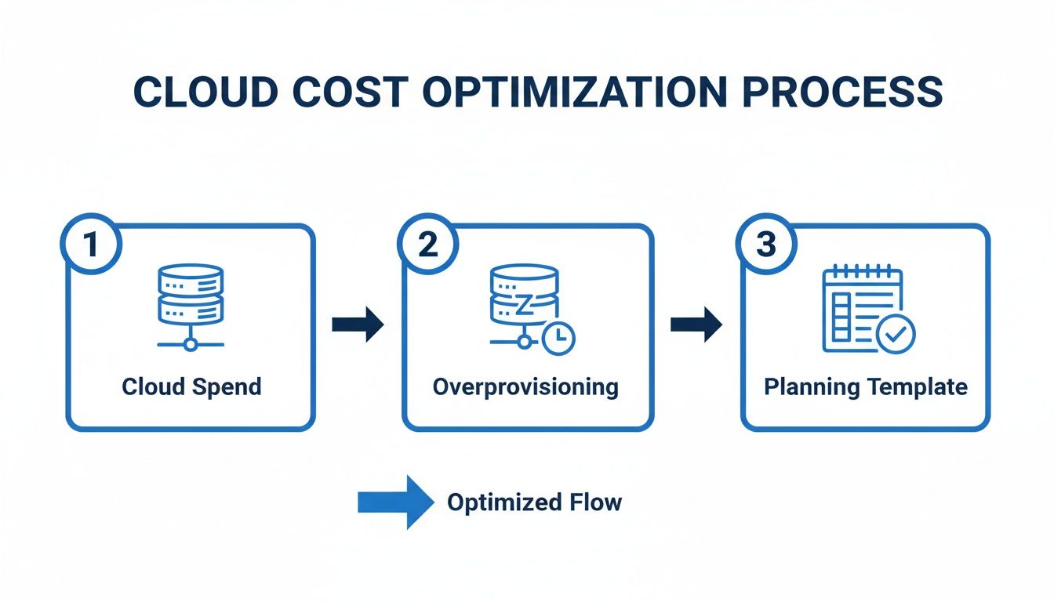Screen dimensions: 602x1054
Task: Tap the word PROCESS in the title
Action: (x=842, y=92)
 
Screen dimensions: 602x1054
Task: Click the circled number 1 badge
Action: (x=91, y=245)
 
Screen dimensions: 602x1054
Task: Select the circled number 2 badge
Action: (x=428, y=245)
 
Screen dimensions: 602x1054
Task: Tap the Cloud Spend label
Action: (x=191, y=386)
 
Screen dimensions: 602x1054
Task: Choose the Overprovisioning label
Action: (x=525, y=386)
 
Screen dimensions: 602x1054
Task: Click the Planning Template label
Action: (x=866, y=386)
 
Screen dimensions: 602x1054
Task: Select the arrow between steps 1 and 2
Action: (x=358, y=325)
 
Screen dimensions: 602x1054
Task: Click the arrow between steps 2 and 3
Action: (x=696, y=325)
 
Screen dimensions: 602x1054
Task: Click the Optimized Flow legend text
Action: (x=534, y=502)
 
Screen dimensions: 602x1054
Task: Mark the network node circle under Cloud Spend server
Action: (x=191, y=343)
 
